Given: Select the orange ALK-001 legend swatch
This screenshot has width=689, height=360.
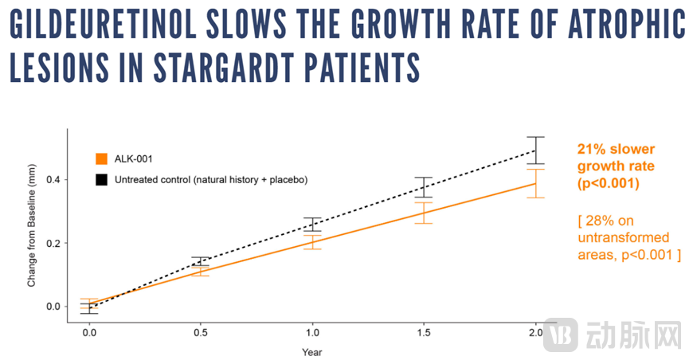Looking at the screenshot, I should [101, 158].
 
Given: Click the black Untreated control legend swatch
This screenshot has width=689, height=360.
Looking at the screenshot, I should [101, 180].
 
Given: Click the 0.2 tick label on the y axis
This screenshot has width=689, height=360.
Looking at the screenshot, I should [52, 243].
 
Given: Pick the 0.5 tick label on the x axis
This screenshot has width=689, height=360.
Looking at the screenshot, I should [201, 332].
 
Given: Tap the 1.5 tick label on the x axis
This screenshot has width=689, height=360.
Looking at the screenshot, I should [423, 332].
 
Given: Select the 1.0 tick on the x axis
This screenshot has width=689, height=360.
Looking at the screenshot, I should [312, 332].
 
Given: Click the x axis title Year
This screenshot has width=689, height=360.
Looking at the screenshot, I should [312, 351].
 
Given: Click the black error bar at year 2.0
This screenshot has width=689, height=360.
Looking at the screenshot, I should [536, 150].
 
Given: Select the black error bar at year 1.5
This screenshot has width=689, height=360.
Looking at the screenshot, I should [424, 187].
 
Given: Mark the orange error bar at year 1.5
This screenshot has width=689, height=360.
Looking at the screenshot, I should [424, 213].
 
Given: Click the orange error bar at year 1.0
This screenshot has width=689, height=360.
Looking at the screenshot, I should [312, 242].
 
